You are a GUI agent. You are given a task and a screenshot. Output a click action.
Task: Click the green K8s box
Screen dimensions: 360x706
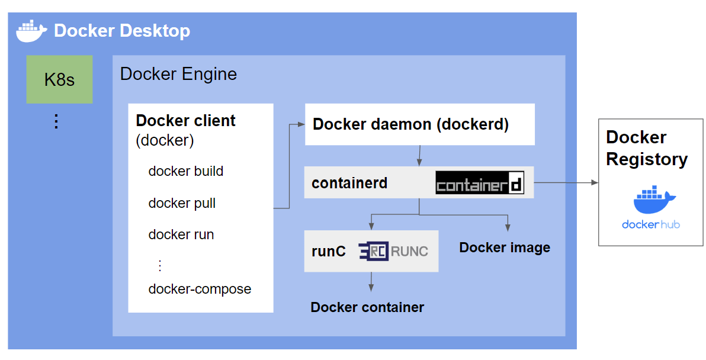click(x=59, y=79)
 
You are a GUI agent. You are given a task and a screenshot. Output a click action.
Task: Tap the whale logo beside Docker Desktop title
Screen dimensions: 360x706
click(x=32, y=31)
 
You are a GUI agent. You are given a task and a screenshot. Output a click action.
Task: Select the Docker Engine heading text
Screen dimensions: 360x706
click(x=178, y=74)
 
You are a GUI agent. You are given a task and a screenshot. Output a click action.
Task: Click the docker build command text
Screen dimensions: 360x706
click(x=185, y=172)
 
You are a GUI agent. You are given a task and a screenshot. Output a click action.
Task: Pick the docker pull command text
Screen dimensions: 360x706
click(x=182, y=203)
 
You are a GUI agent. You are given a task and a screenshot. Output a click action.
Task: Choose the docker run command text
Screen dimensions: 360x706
click(x=181, y=234)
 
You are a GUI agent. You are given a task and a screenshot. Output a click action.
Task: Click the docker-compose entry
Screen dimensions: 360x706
click(x=200, y=289)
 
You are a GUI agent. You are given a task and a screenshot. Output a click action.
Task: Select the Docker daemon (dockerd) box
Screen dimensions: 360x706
click(x=419, y=124)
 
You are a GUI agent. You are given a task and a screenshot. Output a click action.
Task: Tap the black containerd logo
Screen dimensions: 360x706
click(x=480, y=184)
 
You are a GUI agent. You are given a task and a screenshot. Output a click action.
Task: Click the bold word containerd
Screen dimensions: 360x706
click(x=349, y=183)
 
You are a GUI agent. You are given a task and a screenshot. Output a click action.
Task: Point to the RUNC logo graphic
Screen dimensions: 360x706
click(x=393, y=251)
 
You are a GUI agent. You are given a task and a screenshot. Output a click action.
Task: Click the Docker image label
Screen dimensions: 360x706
click(x=505, y=247)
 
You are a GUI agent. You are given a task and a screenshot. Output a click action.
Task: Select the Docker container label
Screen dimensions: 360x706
click(x=367, y=307)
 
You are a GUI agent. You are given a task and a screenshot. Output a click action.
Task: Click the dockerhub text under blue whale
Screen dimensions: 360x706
click(x=650, y=224)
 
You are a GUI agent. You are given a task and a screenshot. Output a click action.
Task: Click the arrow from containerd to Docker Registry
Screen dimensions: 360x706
click(x=566, y=183)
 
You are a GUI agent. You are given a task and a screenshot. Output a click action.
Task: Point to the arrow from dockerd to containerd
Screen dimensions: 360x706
click(x=419, y=156)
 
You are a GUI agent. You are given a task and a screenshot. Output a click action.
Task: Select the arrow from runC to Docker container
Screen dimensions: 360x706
click(x=371, y=281)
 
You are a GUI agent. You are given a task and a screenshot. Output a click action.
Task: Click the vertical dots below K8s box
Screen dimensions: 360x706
click(x=56, y=121)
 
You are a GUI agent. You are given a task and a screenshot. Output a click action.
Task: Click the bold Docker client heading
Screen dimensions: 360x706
click(x=185, y=121)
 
